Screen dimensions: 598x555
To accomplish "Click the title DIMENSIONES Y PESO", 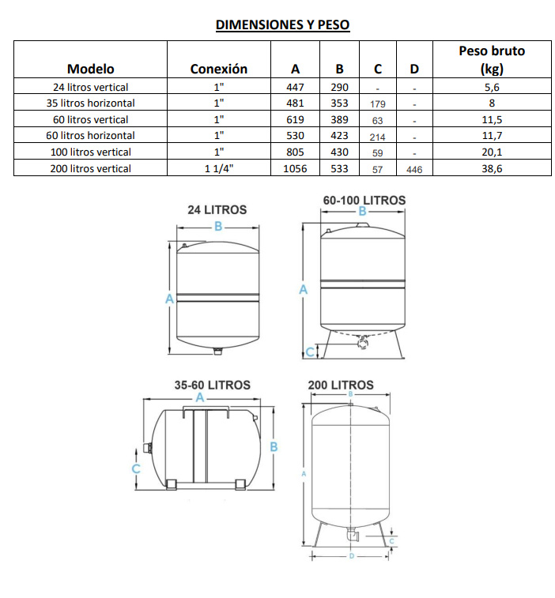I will coord(282,25).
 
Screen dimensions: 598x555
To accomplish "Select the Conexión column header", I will coord(218,69).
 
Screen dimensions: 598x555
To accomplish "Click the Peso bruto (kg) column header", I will coord(492,59).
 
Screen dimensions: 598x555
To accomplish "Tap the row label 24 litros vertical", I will coord(90,88).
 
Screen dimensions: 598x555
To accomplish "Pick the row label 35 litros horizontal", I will coord(90,103).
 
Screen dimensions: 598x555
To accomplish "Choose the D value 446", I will coord(414,169).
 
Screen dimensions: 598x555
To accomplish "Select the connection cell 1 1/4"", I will coord(218,168).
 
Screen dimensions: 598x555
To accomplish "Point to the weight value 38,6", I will coord(492,168).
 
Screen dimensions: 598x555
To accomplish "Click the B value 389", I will coord(339,120).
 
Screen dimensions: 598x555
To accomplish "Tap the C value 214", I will coord(377,137).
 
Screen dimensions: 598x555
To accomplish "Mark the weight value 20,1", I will coord(492,152).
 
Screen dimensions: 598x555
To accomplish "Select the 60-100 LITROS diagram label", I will coord(364,201).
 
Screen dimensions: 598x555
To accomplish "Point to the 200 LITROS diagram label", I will coord(341,386).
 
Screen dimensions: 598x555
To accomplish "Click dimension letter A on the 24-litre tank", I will coord(168,299).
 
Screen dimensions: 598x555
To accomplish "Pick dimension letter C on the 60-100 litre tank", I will coord(310,352).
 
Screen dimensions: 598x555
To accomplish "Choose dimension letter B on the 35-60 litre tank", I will coord(274,446).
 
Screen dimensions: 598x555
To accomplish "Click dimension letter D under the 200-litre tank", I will coord(351,557).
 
